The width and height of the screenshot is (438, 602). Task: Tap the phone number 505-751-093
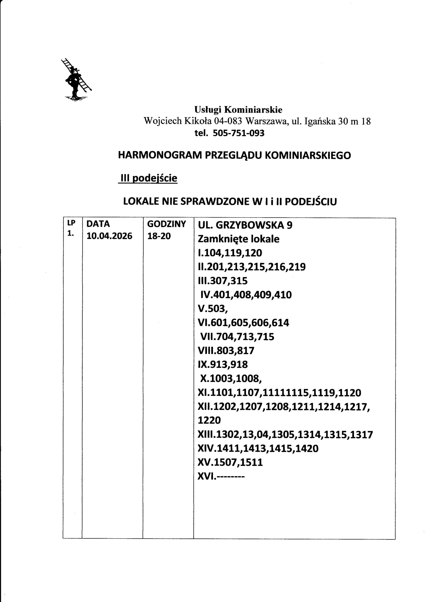238,133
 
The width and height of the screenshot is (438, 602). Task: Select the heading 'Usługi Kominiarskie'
238,109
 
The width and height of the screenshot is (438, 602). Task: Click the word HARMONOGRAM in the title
160,155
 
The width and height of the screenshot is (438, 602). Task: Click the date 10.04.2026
109,236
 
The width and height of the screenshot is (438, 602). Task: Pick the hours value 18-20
159,236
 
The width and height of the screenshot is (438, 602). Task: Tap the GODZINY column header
167,224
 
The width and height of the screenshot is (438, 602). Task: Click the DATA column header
98,224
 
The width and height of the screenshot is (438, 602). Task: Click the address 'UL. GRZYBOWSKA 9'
245,225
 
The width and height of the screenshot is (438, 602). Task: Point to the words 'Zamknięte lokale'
238,239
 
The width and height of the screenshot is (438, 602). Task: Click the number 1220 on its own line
209,420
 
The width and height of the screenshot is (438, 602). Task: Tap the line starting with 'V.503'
213,309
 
